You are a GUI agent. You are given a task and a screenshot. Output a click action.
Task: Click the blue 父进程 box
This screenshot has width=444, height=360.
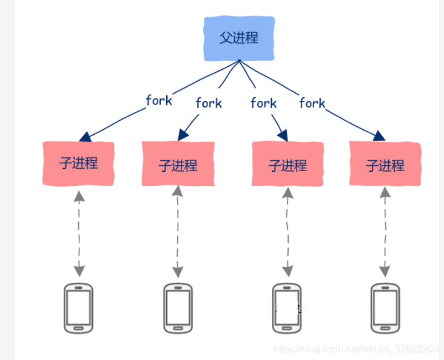pos(239,38)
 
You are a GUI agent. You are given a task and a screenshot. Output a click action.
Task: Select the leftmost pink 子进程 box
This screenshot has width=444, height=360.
pos(78,163)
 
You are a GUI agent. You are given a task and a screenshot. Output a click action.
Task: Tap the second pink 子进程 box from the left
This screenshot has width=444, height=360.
pos(178,165)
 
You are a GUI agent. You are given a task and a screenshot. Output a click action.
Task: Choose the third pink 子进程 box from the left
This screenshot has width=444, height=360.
pos(288,165)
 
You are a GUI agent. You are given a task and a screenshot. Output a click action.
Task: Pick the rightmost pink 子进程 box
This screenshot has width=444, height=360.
pos(385,165)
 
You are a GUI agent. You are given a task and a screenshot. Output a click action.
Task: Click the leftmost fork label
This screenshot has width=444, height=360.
pos(159,101)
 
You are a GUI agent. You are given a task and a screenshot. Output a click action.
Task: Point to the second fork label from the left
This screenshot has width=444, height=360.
pos(209,103)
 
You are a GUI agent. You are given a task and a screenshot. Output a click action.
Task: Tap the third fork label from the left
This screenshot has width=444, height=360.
pos(263,103)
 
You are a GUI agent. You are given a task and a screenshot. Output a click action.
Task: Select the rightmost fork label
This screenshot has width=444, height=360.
pos(312,103)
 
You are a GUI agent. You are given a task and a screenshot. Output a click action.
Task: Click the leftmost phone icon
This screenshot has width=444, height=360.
pos(79,308)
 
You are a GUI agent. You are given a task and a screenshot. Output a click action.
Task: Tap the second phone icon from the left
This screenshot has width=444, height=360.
pos(178,308)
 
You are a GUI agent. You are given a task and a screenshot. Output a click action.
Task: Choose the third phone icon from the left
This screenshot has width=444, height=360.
pos(287,308)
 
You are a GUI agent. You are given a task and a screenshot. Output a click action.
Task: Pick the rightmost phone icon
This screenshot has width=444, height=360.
pos(385,308)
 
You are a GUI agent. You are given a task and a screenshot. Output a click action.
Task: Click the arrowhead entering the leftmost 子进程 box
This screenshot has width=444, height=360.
pos(85,135)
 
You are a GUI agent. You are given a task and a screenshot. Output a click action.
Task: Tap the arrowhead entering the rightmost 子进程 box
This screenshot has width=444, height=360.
pos(380,136)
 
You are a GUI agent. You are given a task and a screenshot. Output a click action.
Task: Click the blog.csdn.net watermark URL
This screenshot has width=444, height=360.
pos(355,349)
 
